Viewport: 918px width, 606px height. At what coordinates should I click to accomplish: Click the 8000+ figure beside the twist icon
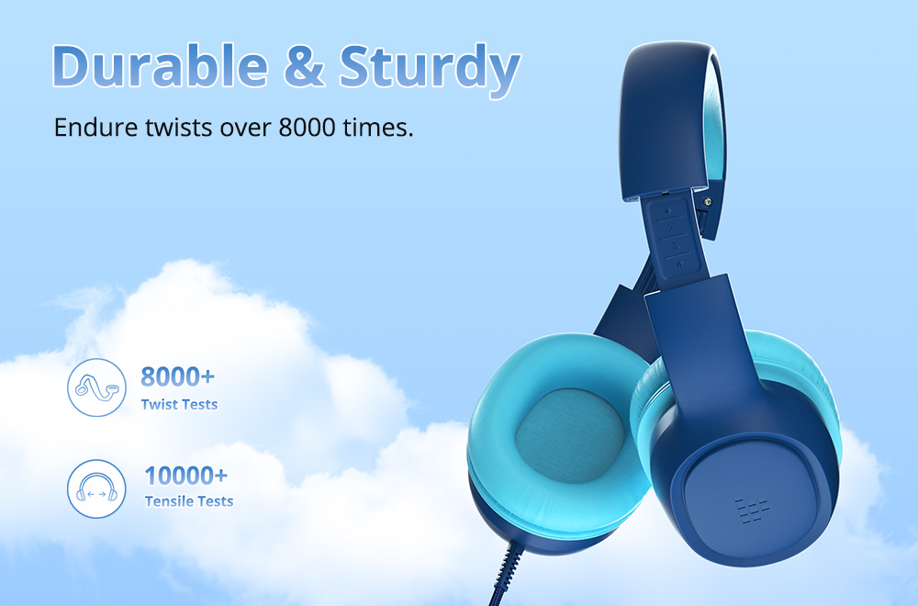click(x=178, y=376)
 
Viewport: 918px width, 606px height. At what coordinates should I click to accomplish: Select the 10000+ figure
click(x=185, y=476)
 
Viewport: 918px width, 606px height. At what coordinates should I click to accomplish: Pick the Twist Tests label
click(x=179, y=404)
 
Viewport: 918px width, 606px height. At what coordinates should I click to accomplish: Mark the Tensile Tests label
click(x=188, y=501)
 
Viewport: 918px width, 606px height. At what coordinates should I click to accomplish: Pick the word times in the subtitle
click(x=383, y=127)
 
